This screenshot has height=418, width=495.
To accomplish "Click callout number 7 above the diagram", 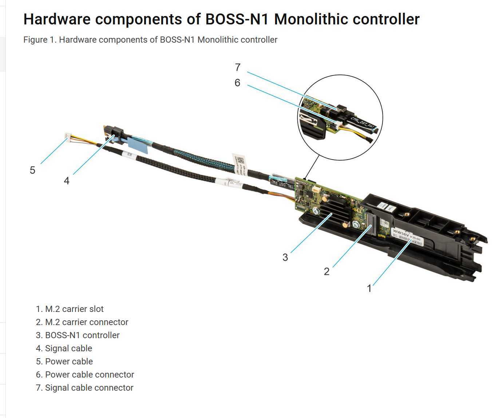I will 238,67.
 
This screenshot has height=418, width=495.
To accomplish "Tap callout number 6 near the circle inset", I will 237,83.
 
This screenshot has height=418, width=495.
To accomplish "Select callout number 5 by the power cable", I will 32,170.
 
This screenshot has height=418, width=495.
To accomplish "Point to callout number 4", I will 67,181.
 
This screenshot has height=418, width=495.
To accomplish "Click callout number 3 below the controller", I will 285,258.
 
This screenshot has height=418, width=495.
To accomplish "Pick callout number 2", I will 326,271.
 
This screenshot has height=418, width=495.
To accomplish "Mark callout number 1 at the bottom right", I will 369,289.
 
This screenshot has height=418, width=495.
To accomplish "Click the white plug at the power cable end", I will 68,136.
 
